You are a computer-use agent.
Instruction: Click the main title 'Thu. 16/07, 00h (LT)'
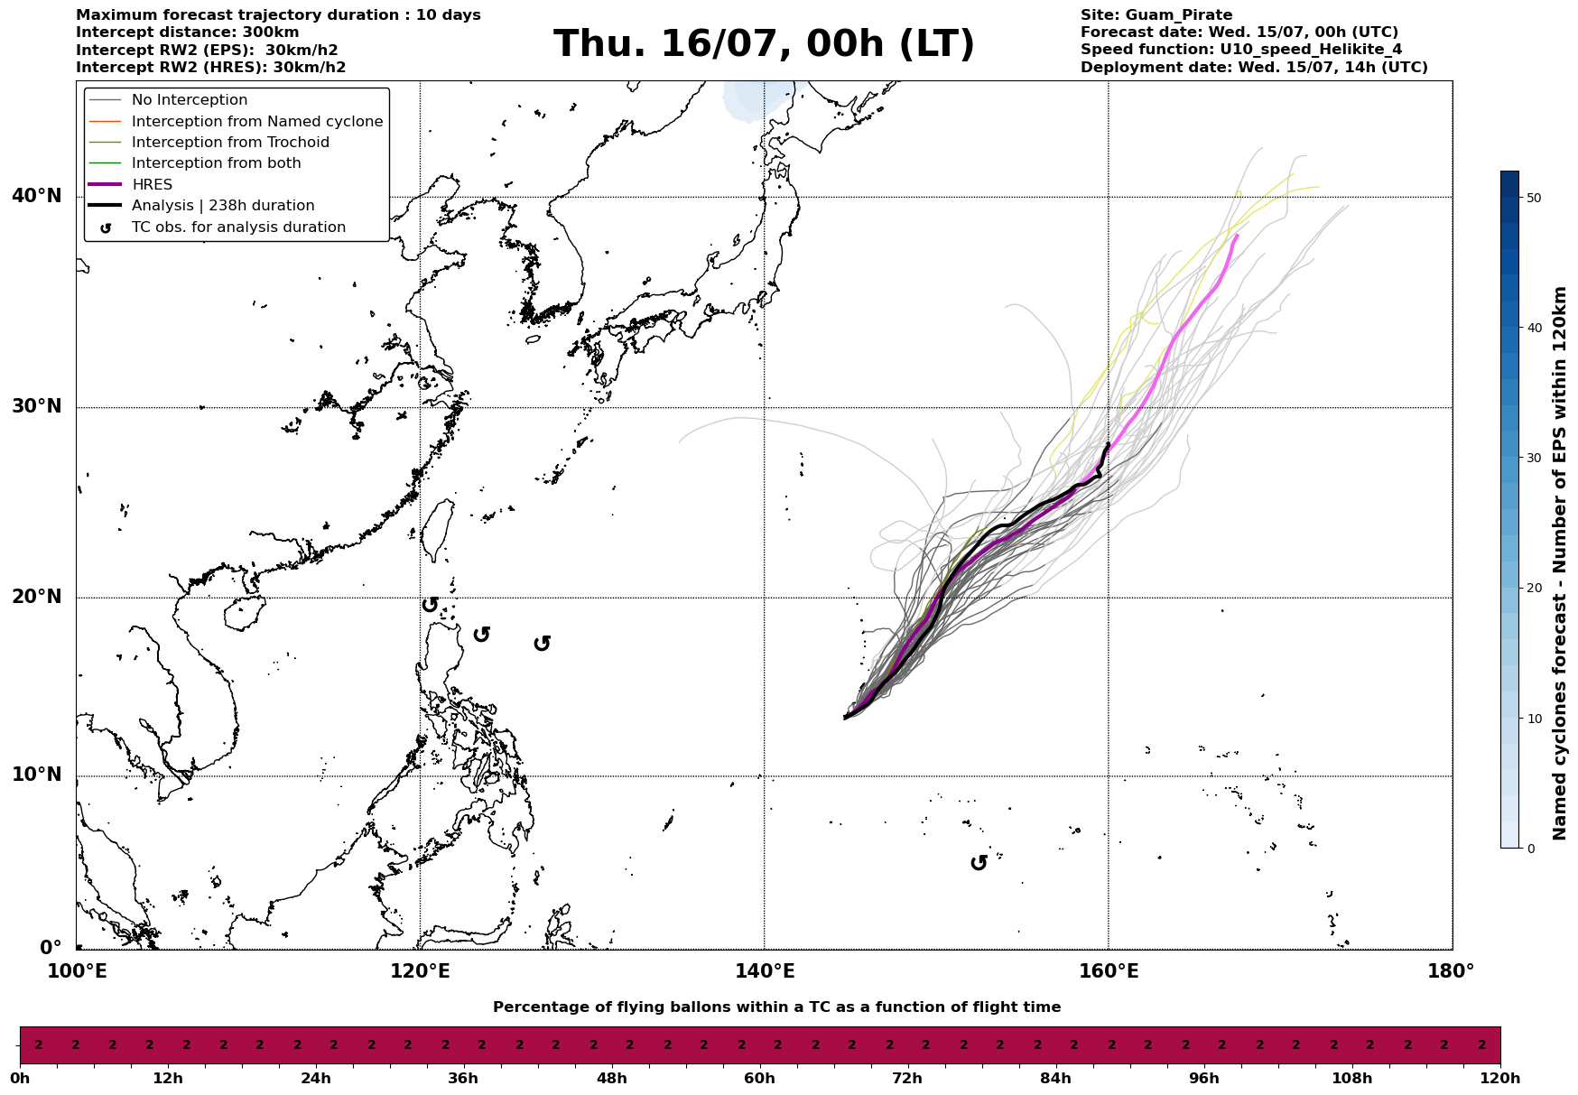click(x=764, y=44)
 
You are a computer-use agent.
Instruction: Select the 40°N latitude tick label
click(x=37, y=196)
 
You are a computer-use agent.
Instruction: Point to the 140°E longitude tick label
click(x=765, y=971)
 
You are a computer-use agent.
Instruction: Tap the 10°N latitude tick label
click(x=37, y=775)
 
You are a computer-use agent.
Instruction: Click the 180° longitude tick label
click(x=1452, y=971)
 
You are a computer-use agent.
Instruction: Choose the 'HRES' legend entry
click(x=152, y=185)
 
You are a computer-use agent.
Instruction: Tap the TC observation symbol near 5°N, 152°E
click(x=979, y=863)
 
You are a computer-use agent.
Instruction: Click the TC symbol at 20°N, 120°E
click(x=430, y=604)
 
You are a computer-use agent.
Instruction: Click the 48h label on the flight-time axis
click(x=611, y=1079)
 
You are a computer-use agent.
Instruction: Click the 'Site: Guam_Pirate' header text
click(x=1156, y=15)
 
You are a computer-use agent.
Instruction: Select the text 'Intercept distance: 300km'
click(x=188, y=32)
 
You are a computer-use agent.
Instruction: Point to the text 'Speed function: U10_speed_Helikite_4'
click(x=1241, y=50)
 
